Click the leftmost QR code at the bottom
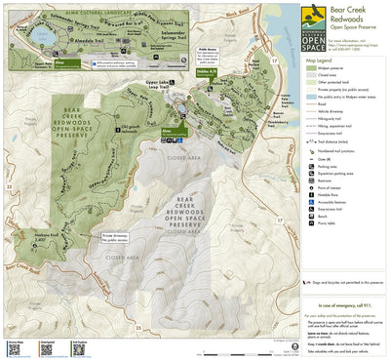coord(15,345)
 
